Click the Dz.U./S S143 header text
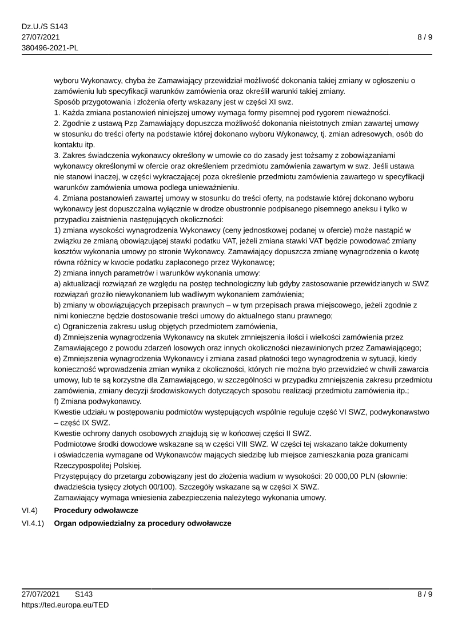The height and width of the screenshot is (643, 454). (x=41, y=26)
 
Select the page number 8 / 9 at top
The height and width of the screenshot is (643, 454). (x=424, y=37)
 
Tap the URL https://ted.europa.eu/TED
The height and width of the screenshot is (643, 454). (x=65, y=605)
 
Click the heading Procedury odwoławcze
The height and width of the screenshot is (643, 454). (x=96, y=510)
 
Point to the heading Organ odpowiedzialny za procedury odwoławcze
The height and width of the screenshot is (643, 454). (x=142, y=523)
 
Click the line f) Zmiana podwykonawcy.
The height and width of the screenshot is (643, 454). (x=97, y=401)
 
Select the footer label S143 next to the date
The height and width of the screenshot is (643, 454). (x=83, y=594)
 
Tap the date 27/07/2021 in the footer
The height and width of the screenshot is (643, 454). (x=41, y=594)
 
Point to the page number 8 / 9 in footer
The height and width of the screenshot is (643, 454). (x=424, y=594)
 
